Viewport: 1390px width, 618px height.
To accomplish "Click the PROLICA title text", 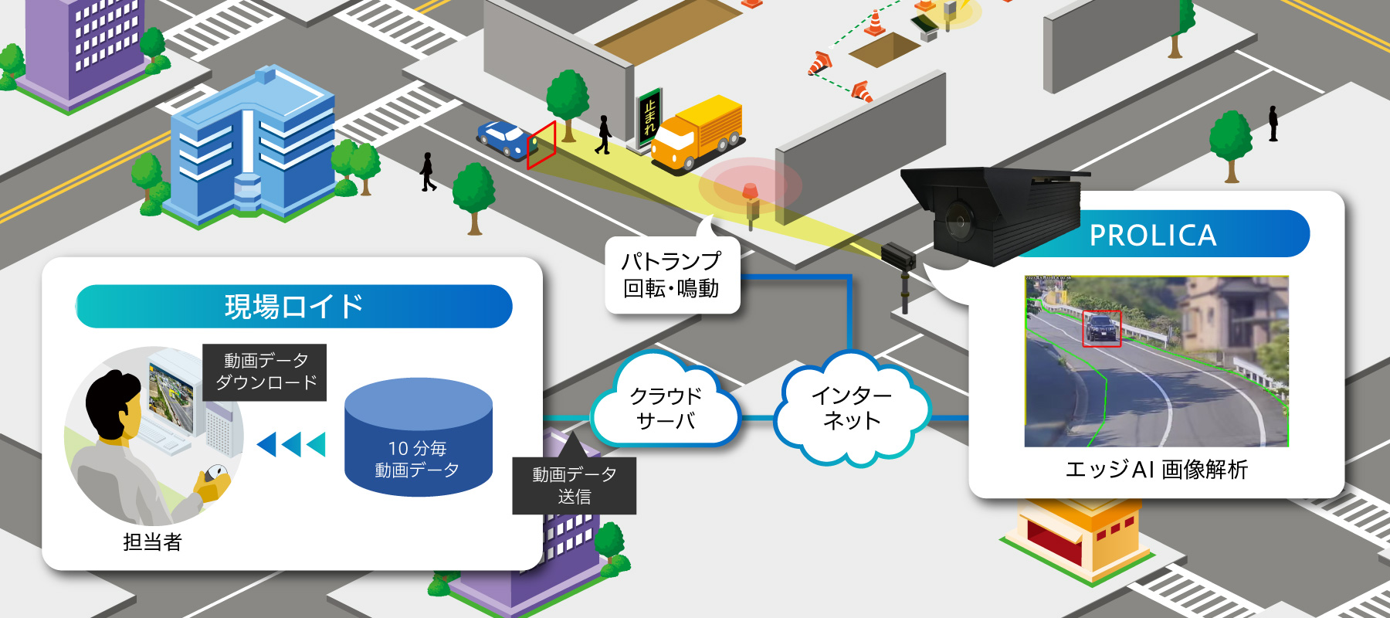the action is pyautogui.click(x=1152, y=235).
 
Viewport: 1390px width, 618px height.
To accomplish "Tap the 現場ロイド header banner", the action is pyautogui.click(x=294, y=307).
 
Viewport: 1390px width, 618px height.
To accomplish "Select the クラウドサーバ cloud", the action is pyautogui.click(x=665, y=407).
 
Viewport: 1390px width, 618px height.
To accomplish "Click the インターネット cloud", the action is pyautogui.click(x=852, y=407).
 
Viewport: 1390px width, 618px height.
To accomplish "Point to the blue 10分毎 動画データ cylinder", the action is pyautogui.click(x=419, y=436).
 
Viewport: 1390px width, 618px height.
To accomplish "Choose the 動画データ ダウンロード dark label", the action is pyautogui.click(x=265, y=372).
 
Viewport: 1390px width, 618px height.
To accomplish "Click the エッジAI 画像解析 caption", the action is pyautogui.click(x=1156, y=469).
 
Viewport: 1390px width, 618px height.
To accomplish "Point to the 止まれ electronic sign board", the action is pyautogui.click(x=649, y=119).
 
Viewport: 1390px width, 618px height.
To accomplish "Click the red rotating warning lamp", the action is pyautogui.click(x=750, y=191).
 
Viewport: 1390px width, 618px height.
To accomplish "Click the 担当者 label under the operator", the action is pyautogui.click(x=152, y=542).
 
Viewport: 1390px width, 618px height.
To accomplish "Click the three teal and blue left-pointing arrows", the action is pyautogui.click(x=290, y=444).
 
